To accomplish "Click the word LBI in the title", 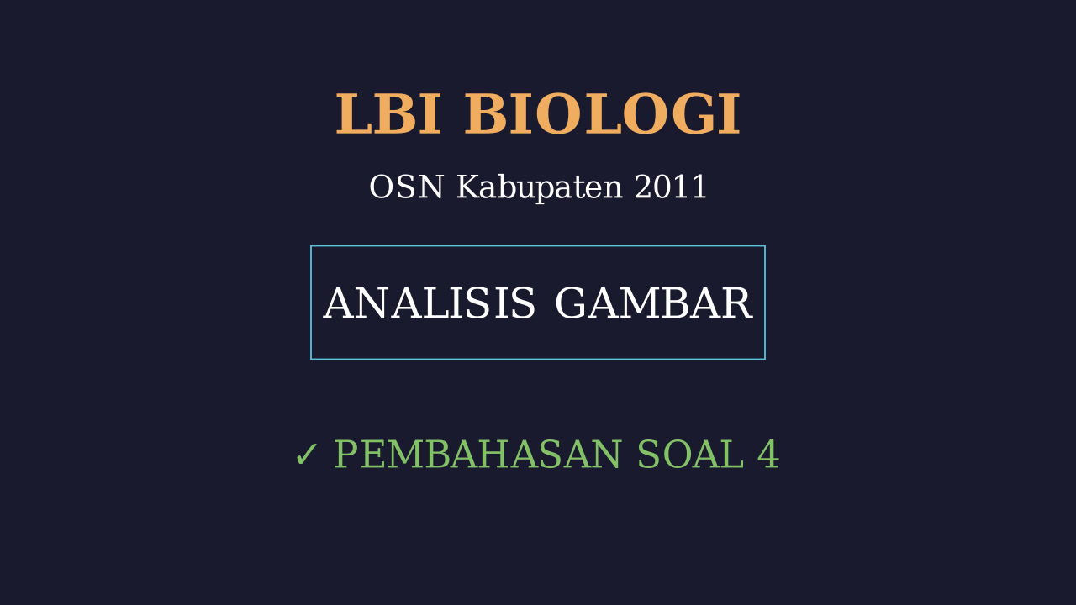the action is pyautogui.click(x=388, y=114).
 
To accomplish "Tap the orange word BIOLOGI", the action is pyautogui.click(x=603, y=114).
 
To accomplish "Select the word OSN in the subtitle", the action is pyautogui.click(x=406, y=187).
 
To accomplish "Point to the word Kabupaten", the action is pyautogui.click(x=540, y=188).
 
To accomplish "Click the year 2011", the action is pyautogui.click(x=671, y=187).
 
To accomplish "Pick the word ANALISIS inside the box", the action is pyautogui.click(x=429, y=303).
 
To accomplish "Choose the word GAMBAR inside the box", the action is pyautogui.click(x=654, y=303).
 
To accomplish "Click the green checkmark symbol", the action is pyautogui.click(x=307, y=455).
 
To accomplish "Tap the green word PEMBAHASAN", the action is pyautogui.click(x=478, y=454).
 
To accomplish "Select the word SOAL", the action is pyautogui.click(x=690, y=454).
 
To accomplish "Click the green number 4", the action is pyautogui.click(x=768, y=454).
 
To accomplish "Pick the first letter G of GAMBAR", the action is pyautogui.click(x=571, y=303).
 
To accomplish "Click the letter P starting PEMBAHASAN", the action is pyautogui.click(x=346, y=454).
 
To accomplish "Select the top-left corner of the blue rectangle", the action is pyautogui.click(x=311, y=246).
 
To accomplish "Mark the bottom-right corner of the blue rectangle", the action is pyautogui.click(x=765, y=359).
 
